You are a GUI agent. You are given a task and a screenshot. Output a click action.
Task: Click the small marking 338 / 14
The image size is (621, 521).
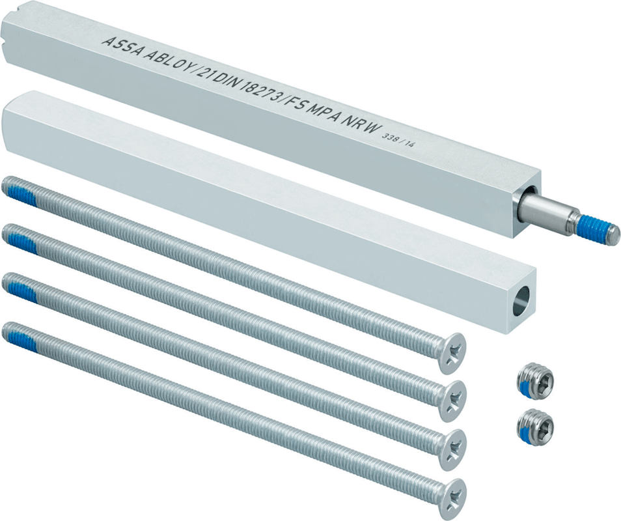point(396,141)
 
